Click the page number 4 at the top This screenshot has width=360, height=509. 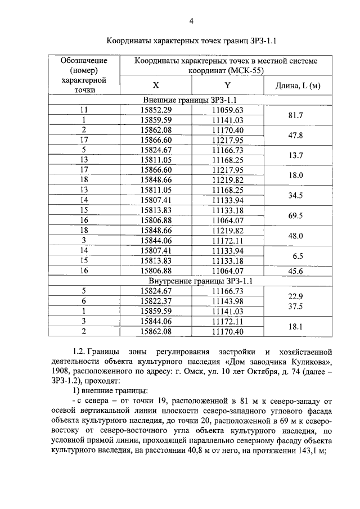point(191,21)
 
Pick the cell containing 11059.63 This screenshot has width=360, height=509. point(227,110)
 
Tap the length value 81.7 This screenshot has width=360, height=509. point(296,115)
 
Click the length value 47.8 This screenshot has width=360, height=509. point(296,136)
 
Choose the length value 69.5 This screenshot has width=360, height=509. point(296,216)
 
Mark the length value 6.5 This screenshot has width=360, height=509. point(298,256)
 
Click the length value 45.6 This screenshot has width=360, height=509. point(296,271)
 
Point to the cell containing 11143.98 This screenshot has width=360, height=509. point(227,301)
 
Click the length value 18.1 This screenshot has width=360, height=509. point(296,326)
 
